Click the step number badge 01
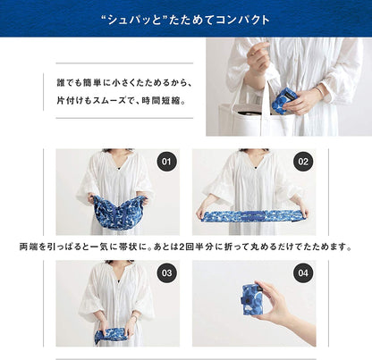pyautogui.click(x=165, y=162)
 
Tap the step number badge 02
pyautogui.click(x=303, y=162)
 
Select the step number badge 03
pyautogui.click(x=165, y=272)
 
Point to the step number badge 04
pyautogui.click(x=303, y=272)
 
